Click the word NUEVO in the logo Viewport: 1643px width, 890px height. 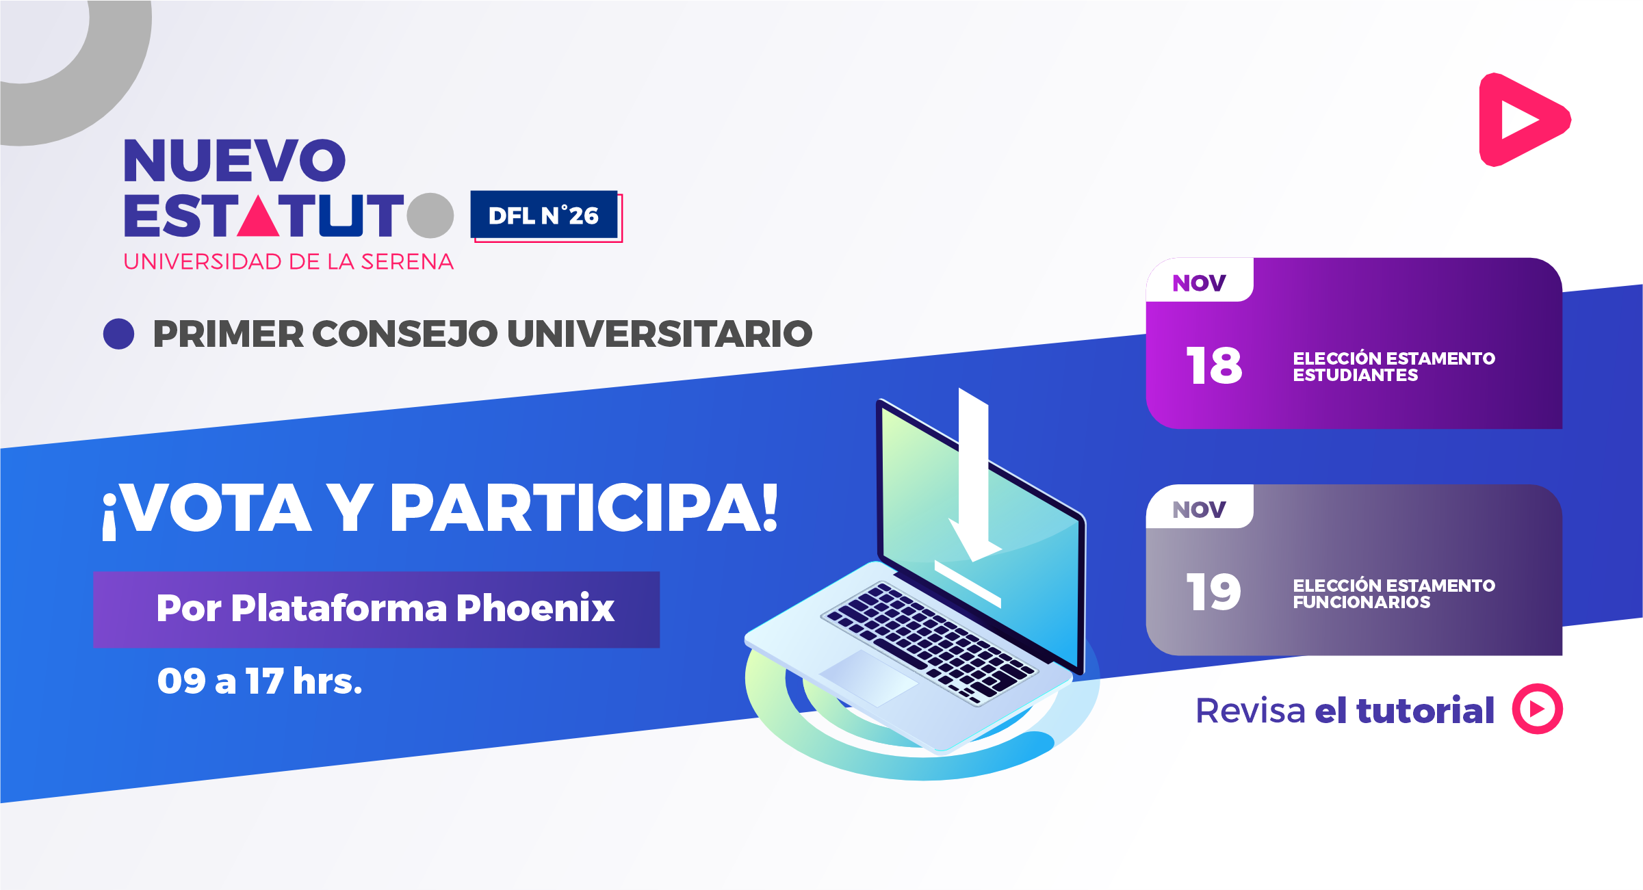point(235,161)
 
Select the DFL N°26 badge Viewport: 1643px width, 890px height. point(545,215)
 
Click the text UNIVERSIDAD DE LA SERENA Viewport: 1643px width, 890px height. point(288,262)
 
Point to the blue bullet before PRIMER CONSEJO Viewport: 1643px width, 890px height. point(118,334)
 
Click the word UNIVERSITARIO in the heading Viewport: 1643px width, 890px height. point(660,334)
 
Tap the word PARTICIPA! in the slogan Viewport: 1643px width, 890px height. point(584,508)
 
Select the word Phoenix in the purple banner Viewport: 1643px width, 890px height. point(535,607)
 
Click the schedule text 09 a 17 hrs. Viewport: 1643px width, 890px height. point(259,681)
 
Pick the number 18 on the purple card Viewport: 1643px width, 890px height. point(1214,365)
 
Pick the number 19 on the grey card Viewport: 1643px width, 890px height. point(1213,592)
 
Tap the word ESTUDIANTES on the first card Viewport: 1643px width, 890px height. point(1356,376)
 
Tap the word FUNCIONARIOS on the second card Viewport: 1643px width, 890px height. point(1362,603)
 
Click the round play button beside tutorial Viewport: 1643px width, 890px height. point(1537,709)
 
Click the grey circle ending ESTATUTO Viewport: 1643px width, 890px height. point(430,215)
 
